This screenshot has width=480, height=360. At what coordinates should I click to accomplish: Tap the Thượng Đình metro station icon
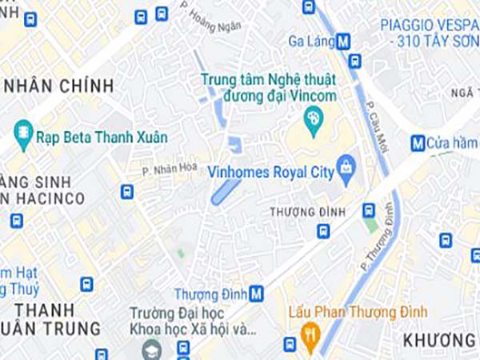(257, 294)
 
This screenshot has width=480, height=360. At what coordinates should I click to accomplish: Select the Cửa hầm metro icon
(417, 143)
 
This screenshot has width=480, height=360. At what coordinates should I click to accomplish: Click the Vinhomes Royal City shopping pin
(346, 169)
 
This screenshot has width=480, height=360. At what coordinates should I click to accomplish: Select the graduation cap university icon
(152, 350)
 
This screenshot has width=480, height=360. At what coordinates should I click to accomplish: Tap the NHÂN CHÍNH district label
(58, 85)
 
